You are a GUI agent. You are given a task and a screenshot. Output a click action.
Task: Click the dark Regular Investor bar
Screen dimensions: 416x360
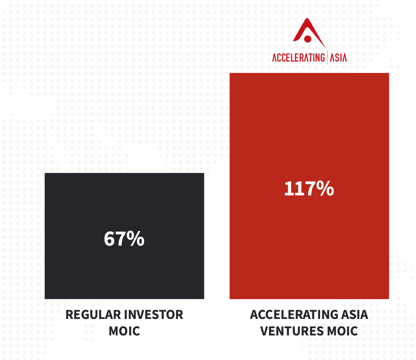coord(124,236)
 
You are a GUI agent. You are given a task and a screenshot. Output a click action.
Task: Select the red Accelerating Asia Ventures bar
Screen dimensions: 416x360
coord(309,186)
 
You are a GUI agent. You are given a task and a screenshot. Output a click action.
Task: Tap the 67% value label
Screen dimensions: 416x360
coord(124,239)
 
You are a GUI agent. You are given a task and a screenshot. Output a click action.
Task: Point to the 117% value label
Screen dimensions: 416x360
coord(309,188)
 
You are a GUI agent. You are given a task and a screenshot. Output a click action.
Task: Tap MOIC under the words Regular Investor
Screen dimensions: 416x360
coord(124,331)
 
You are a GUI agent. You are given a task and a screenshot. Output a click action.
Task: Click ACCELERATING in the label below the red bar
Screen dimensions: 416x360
coord(294,315)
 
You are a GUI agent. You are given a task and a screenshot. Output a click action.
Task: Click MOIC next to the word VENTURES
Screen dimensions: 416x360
coord(342,331)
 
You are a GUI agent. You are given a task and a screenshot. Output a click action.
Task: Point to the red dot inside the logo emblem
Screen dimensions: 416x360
coord(308,39)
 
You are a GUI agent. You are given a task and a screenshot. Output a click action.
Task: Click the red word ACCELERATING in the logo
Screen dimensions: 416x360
coord(298,58)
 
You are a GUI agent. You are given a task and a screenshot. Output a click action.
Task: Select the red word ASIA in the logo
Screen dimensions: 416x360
coord(338,58)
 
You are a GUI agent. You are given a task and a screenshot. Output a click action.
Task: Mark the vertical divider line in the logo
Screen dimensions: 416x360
coord(327,57)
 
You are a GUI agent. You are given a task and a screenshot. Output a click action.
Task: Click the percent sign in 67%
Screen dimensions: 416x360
coord(135,239)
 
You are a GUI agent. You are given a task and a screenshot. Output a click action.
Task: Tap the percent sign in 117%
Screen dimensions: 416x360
coord(325,188)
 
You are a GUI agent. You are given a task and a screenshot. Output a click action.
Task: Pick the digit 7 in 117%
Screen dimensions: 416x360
coord(309,189)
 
